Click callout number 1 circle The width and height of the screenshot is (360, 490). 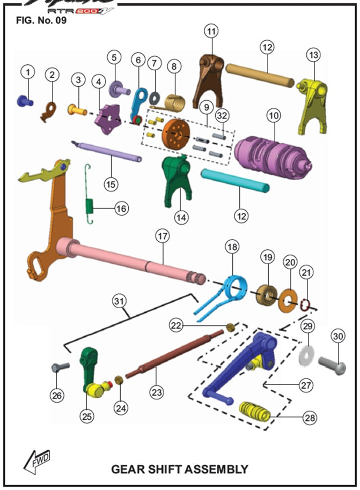click(x=28, y=71)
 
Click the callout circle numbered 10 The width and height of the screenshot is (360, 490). click(x=274, y=115)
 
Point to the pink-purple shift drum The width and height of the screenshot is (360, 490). click(x=274, y=152)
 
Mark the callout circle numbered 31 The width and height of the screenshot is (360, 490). click(x=118, y=301)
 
